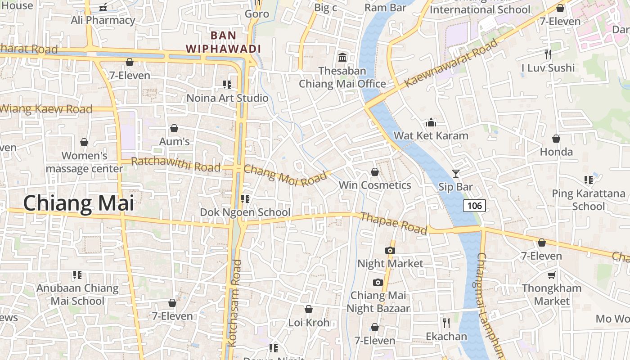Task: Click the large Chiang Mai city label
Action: pos(79,203)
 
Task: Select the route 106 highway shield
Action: pos(474,206)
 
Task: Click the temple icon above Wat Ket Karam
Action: pos(431,122)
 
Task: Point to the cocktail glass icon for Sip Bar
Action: pos(455,173)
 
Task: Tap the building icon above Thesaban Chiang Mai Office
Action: pos(342,58)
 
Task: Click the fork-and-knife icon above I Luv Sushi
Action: pos(548,54)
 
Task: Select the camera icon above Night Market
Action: pos(390,250)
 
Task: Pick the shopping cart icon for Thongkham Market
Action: pos(551,275)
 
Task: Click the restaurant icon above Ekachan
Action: pos(446,323)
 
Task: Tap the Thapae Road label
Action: pos(394,223)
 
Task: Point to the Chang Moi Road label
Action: pos(285,176)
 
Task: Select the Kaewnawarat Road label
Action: pos(451,63)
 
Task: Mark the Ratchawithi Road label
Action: pos(175,164)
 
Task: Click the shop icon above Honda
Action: pos(556,139)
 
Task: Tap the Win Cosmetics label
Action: pos(375,185)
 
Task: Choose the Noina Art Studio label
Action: pos(227,98)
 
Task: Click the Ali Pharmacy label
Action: pos(103,20)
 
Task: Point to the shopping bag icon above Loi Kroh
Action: pos(309,309)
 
